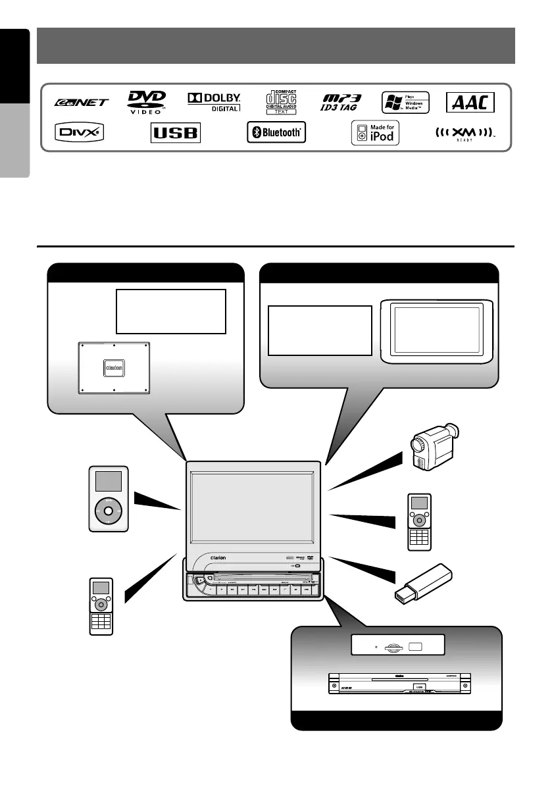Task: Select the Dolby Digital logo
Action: (214, 101)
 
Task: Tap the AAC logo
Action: (470, 102)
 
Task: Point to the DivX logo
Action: (78, 134)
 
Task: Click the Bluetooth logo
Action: (276, 134)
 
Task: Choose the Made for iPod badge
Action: (375, 134)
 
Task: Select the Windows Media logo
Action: (405, 102)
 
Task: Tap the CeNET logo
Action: (82, 103)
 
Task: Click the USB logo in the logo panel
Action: (175, 134)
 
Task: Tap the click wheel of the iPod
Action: (108, 510)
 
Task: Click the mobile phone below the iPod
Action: (101, 606)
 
